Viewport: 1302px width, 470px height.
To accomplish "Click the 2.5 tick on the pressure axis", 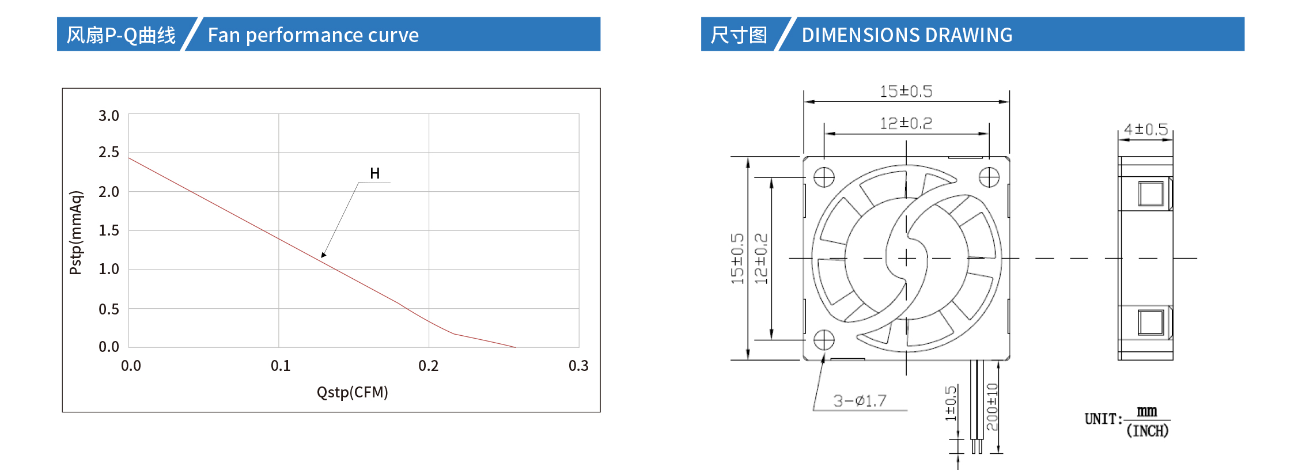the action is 108,152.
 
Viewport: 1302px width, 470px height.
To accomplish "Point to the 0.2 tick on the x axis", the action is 428,366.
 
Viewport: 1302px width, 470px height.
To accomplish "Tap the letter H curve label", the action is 374,173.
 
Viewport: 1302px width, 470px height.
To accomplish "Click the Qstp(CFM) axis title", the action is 353,392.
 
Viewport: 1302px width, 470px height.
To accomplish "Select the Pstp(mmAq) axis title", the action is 76,233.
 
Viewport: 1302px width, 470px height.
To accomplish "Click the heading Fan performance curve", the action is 313,35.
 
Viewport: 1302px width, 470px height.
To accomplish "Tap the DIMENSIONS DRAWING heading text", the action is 907,35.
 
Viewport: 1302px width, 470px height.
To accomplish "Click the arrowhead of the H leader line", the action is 324,255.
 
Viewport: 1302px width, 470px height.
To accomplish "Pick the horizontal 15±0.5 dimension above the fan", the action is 906,92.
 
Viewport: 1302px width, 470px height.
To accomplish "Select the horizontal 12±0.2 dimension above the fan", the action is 906,123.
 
